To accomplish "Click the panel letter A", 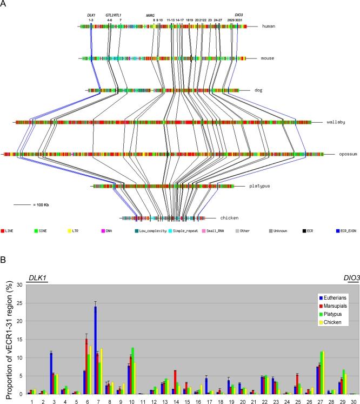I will [x=4, y=5].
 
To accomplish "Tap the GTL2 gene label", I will [x=110, y=16].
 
